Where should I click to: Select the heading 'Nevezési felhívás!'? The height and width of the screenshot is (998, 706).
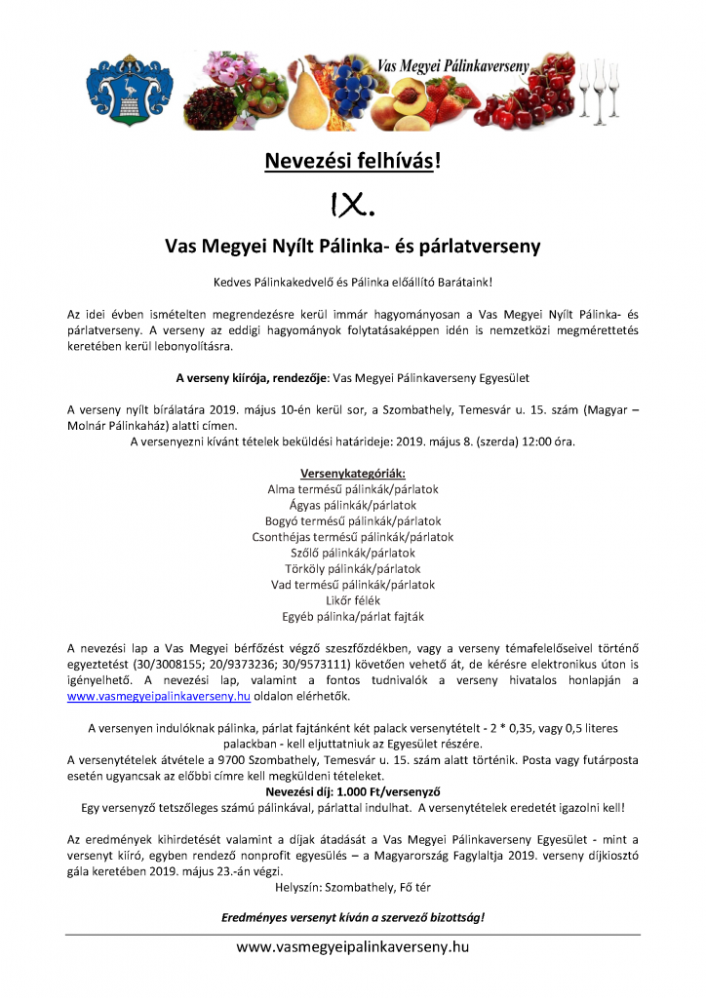pos(352,161)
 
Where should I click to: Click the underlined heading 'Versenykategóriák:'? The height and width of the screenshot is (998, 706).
pos(352,474)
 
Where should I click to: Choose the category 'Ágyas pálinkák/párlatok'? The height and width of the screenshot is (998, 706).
pos(352,505)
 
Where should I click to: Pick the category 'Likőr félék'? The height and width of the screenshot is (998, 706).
pos(352,600)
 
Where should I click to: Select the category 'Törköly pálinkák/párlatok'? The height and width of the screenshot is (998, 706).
pos(352,568)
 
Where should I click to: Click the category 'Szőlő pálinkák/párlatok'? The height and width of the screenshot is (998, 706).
pos(352,553)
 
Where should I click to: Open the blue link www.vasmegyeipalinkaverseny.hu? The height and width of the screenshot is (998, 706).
pos(159,697)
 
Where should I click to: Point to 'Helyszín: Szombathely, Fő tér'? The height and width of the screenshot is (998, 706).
pos(352,887)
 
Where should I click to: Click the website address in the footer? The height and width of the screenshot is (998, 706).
pos(353,946)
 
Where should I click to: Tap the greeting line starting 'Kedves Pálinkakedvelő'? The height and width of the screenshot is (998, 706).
pos(352,282)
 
